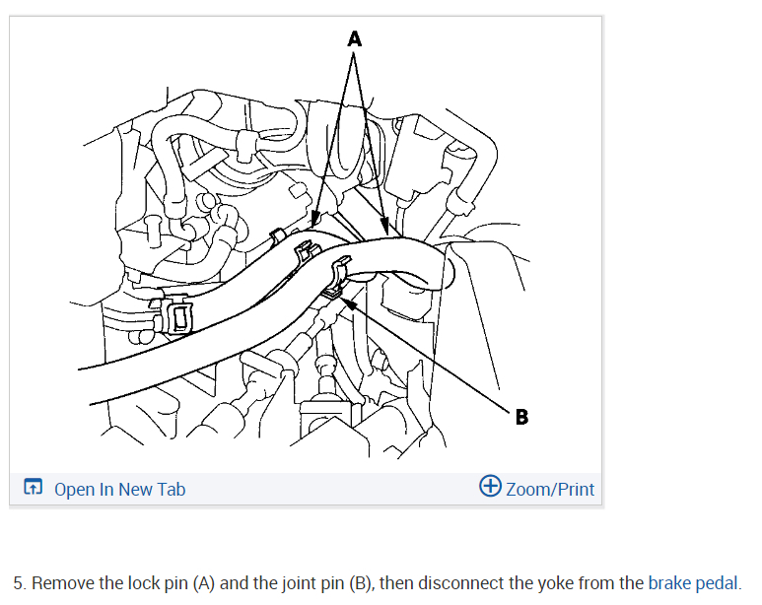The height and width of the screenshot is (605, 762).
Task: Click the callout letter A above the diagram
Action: coord(355,38)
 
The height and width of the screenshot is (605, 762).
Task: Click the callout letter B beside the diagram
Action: coord(521,417)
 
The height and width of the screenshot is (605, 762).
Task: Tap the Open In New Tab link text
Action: coord(119,489)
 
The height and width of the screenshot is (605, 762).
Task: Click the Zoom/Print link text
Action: coord(550,489)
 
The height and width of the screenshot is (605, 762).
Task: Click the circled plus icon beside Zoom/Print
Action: coord(490,487)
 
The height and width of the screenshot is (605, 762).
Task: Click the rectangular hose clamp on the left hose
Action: coord(177,317)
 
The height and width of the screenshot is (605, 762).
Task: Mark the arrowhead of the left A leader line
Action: coord(312,226)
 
